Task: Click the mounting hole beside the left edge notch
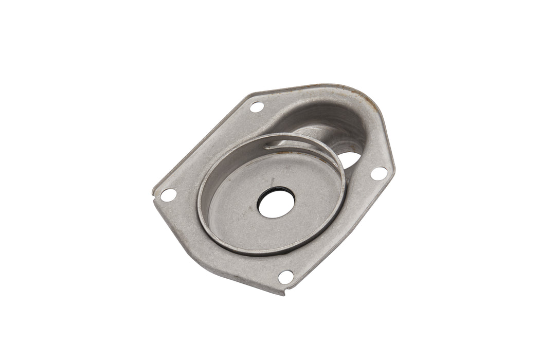point(168,195)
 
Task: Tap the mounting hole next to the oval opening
point(379,173)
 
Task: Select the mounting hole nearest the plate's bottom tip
point(286,277)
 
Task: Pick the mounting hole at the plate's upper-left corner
point(257,107)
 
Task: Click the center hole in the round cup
point(276,202)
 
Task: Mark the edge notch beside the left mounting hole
point(154,194)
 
